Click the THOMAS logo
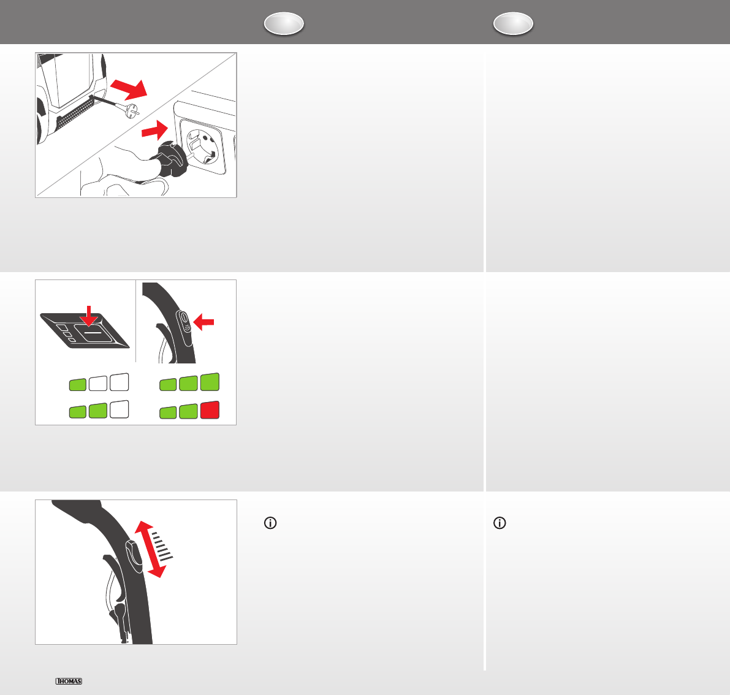click(x=69, y=681)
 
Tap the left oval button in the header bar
click(x=284, y=23)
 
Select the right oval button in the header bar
click(x=513, y=23)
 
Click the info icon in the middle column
click(x=270, y=523)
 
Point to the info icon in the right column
click(x=500, y=523)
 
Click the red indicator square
click(x=210, y=409)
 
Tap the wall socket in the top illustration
click(x=203, y=146)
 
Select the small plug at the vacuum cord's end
click(x=131, y=112)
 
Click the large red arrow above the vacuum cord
click(x=129, y=88)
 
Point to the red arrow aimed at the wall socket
click(x=154, y=130)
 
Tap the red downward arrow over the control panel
click(x=88, y=316)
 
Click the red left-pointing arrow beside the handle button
click(x=203, y=322)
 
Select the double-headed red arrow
click(x=150, y=549)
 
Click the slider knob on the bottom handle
click(x=134, y=556)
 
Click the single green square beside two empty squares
click(x=78, y=384)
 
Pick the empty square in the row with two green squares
click(x=119, y=409)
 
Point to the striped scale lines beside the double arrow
click(x=162, y=545)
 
